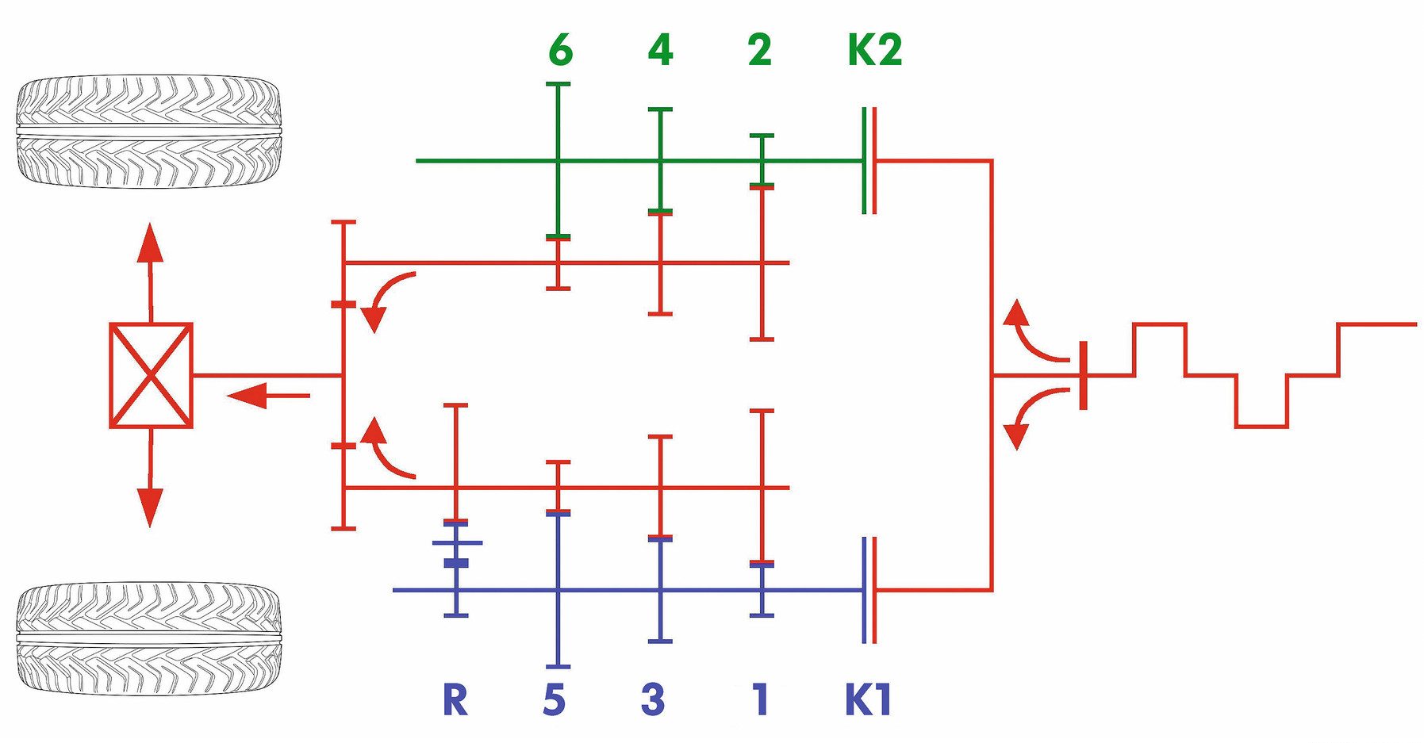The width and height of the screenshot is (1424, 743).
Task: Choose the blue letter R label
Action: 455,699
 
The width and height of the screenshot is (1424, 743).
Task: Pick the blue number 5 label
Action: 555,699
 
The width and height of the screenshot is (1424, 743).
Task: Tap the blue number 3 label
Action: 652,699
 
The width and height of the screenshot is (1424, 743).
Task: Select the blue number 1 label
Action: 760,699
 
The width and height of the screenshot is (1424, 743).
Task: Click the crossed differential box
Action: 151,375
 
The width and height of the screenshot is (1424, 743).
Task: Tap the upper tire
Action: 149,131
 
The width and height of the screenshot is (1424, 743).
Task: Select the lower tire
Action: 149,638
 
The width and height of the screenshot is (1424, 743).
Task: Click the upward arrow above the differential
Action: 150,262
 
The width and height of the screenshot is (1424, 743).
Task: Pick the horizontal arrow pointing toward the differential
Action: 266,394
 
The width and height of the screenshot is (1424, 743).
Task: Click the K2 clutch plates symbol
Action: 869,161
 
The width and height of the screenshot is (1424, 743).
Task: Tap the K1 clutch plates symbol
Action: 869,590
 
